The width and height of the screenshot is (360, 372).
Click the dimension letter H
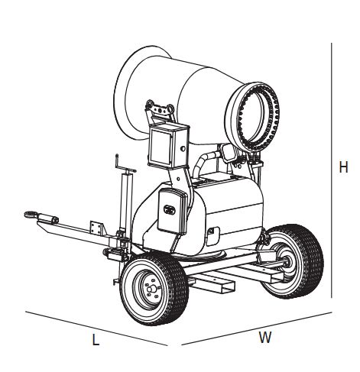343,167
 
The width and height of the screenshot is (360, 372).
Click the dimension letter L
96,340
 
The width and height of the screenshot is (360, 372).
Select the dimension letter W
265,337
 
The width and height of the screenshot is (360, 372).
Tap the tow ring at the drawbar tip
30,215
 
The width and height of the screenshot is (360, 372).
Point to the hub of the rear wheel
288,261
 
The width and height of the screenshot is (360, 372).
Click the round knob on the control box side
183,148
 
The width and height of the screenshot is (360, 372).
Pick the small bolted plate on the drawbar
96,228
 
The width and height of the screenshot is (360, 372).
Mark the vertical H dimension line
332,170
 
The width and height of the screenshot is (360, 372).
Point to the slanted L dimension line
96,328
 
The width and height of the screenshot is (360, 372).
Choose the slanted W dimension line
257,328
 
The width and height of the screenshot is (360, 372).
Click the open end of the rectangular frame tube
228,288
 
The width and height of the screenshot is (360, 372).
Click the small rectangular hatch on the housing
212,235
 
